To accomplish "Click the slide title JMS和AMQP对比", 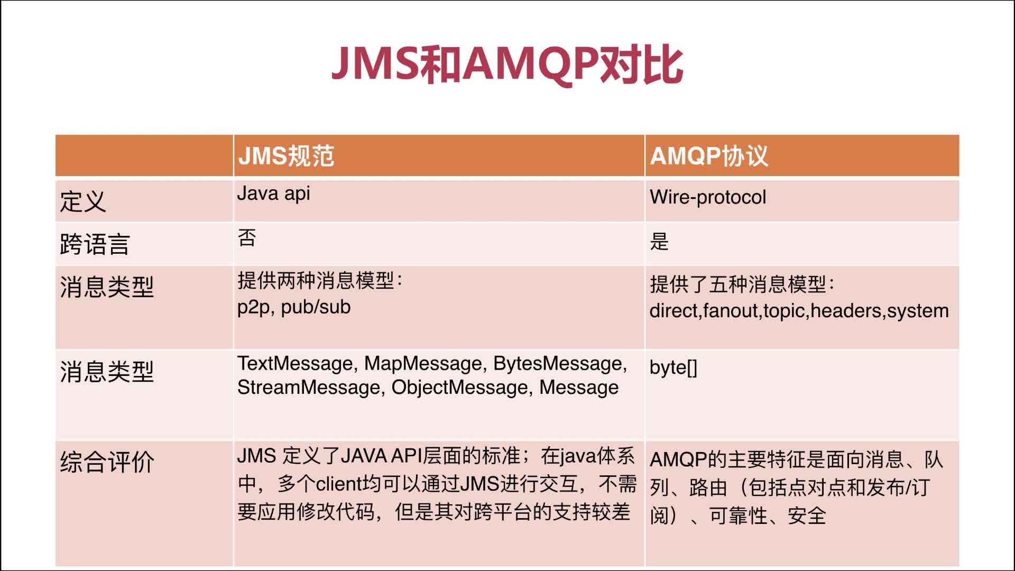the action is point(508,65).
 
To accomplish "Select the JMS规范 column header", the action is point(286,156).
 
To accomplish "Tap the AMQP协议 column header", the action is point(709,156).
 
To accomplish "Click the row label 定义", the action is point(83,201).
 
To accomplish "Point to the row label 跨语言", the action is point(95,244).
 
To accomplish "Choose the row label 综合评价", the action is point(107,462).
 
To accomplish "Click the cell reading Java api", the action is point(273,194).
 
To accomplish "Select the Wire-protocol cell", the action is point(708,197).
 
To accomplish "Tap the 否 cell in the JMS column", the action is point(247,238).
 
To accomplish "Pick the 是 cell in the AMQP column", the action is point(659,242).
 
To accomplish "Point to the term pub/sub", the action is point(316,307).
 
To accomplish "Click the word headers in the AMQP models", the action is point(847,311).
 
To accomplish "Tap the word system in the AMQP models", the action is point(918,311).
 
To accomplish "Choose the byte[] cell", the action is point(673,367).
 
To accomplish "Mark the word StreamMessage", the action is point(309,388).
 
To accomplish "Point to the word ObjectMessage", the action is point(460,388).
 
